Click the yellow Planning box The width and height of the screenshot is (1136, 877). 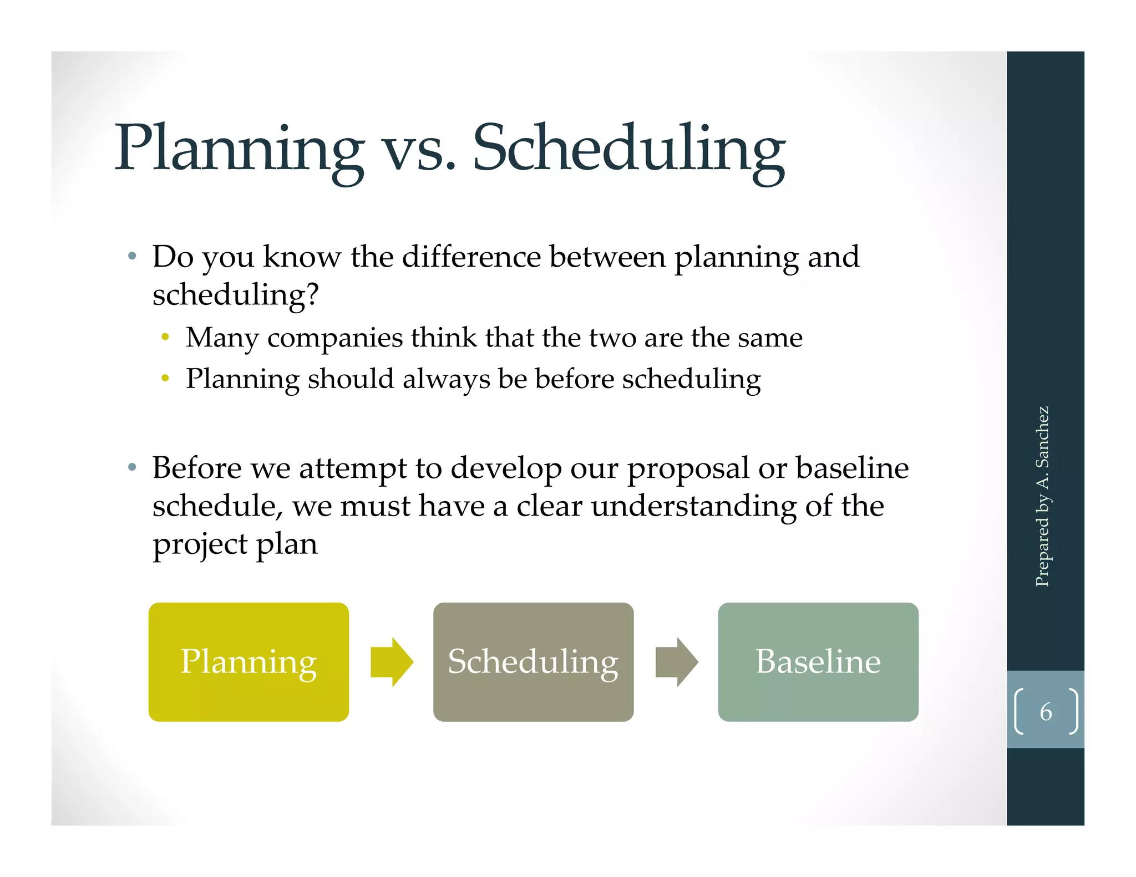248,662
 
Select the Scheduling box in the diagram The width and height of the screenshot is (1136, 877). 533,662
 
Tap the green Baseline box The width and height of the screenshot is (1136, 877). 818,662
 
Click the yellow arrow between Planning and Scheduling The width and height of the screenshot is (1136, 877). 392,662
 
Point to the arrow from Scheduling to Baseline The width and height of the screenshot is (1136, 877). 677,662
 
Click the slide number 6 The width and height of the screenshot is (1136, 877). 1046,712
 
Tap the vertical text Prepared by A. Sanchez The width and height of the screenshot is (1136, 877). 1043,496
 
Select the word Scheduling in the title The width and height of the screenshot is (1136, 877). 628,149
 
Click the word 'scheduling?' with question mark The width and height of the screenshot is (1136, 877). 235,294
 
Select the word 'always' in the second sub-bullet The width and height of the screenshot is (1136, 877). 446,380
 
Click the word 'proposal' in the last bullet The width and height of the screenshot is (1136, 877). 688,469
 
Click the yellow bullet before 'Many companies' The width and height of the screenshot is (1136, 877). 165,337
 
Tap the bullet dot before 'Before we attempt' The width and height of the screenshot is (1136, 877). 132,467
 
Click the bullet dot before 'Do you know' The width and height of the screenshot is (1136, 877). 132,256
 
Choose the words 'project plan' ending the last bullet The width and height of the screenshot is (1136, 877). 235,544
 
